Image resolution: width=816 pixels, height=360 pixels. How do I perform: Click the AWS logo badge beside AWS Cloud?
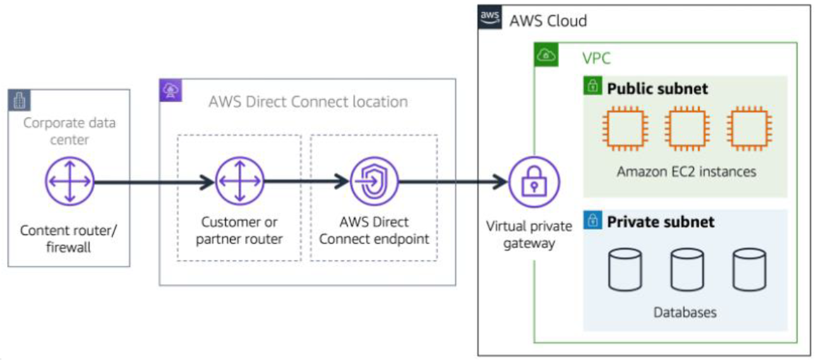(489, 17)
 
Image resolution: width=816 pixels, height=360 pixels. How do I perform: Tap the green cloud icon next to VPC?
(545, 56)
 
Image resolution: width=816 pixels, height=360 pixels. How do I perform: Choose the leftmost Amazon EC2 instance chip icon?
(623, 131)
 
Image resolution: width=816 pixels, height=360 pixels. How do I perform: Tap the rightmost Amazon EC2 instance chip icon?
(748, 131)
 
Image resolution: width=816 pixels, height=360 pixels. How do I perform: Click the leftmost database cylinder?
(624, 270)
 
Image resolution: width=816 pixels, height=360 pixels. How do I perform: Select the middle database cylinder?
(687, 270)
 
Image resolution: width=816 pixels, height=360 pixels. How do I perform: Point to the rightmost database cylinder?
(749, 270)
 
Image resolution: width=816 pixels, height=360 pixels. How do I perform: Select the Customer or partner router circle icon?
(240, 182)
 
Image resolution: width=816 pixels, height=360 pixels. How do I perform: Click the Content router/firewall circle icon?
(69, 182)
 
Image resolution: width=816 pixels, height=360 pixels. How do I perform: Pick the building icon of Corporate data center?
(19, 100)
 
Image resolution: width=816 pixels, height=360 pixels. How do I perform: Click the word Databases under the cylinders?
(685, 312)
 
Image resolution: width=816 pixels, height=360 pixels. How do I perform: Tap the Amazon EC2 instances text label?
(686, 172)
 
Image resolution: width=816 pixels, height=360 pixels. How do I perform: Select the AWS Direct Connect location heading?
(308, 102)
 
